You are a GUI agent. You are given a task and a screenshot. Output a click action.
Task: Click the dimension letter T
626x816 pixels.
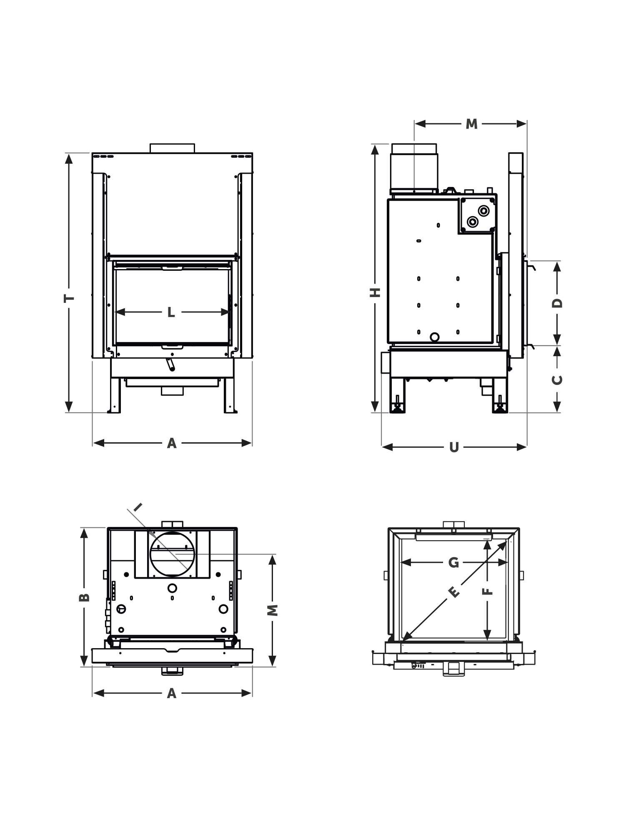click(x=69, y=298)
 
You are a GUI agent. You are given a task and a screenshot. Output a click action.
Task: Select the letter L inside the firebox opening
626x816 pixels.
click(x=171, y=312)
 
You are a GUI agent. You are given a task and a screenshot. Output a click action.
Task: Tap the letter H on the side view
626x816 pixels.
click(x=376, y=292)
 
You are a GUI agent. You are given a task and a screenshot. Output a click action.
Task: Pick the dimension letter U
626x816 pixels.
click(x=454, y=447)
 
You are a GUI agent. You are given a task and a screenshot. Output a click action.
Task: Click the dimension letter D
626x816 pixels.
click(x=557, y=303)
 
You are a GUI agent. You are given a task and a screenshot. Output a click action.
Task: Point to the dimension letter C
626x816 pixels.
click(x=557, y=379)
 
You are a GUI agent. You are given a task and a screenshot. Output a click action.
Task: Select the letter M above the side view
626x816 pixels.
click(x=471, y=124)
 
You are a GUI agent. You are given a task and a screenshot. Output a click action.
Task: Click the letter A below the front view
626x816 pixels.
click(x=172, y=443)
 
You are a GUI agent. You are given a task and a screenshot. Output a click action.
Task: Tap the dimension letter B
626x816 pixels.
click(x=84, y=597)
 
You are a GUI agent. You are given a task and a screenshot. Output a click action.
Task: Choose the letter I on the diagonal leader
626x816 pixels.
click(x=138, y=507)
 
